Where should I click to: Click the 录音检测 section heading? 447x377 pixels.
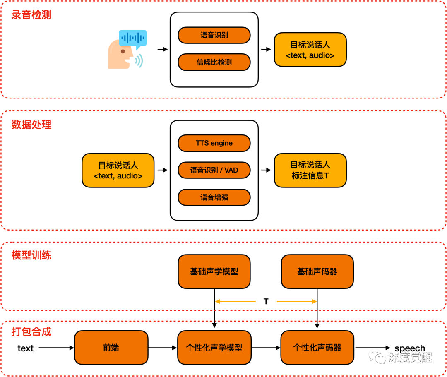[x=31, y=15]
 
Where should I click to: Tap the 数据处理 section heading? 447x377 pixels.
[x=31, y=124]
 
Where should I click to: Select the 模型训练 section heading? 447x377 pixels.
[x=31, y=255]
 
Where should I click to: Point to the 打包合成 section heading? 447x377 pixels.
[x=31, y=331]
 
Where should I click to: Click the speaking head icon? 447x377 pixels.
[x=127, y=50]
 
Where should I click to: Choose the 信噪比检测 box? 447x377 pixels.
[x=214, y=62]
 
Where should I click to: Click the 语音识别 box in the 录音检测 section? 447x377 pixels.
[x=214, y=35]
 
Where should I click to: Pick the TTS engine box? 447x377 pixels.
[x=214, y=143]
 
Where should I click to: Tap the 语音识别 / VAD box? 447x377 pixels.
[x=214, y=170]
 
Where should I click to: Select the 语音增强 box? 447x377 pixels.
[x=214, y=197]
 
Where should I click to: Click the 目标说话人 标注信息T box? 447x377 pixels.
[x=310, y=170]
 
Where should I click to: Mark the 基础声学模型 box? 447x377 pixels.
[x=214, y=271]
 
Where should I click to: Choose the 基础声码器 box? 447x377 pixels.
[x=317, y=271]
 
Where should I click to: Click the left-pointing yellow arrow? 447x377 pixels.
[x=235, y=302]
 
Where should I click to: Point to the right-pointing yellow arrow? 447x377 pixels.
[x=296, y=302]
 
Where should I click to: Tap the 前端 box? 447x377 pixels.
[x=111, y=348]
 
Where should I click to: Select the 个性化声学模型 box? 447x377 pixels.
[x=214, y=348]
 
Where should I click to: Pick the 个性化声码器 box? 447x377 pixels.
[x=317, y=348]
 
